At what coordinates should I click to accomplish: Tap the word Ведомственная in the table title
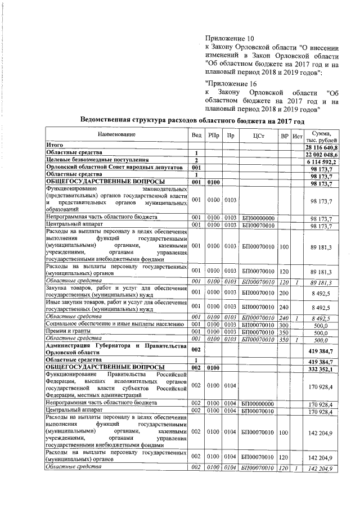pyautogui.click(x=110, y=121)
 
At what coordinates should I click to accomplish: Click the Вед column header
pyautogui.click(x=196, y=136)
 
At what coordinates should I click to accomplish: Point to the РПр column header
pyautogui.click(x=214, y=136)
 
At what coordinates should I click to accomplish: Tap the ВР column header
pyautogui.click(x=285, y=136)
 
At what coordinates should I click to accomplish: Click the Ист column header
pyautogui.click(x=298, y=136)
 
